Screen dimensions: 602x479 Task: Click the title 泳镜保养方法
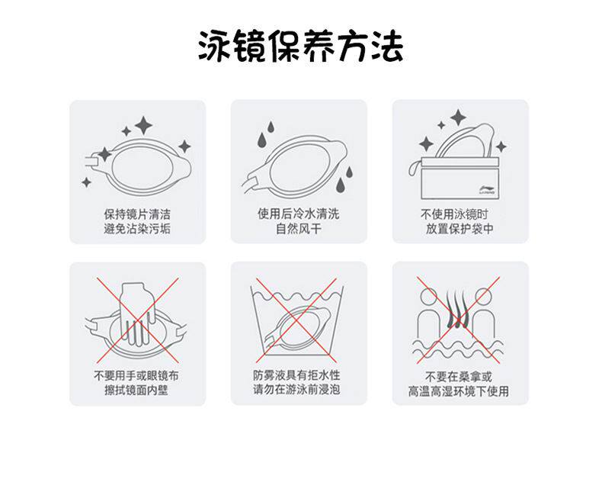point(300,47)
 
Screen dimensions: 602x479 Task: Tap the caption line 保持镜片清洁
point(136,214)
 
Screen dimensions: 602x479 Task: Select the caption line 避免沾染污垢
point(136,229)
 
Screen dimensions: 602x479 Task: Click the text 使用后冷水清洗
point(298,214)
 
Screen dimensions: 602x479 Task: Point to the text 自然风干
point(298,229)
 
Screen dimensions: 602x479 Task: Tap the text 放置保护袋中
point(460,229)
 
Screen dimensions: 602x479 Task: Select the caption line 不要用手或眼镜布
point(136,376)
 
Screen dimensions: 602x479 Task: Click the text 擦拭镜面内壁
point(136,391)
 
